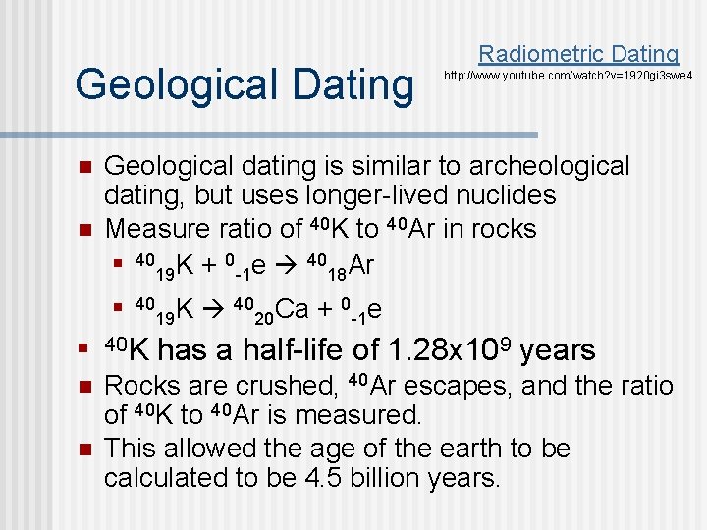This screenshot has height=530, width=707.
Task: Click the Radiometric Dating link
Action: pyautogui.click(x=578, y=54)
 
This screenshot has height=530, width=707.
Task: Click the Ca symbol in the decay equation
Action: pyautogui.click(x=293, y=309)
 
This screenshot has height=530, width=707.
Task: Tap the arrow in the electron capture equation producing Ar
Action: pyautogui.click(x=289, y=263)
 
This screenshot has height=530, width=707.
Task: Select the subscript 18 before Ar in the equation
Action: pyautogui.click(x=337, y=271)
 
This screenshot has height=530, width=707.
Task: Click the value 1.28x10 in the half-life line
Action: pyautogui.click(x=447, y=350)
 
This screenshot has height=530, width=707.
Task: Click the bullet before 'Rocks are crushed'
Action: pyautogui.click(x=85, y=386)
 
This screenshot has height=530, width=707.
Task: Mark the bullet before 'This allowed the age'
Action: pyautogui.click(x=85, y=450)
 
